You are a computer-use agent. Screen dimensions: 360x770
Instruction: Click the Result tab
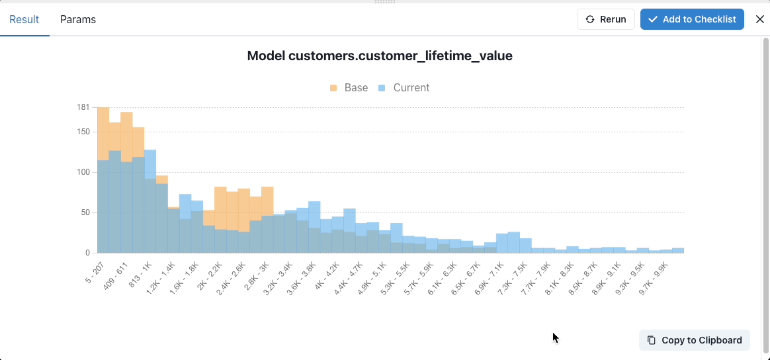pos(24,19)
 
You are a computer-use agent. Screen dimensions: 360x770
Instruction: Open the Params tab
pos(78,19)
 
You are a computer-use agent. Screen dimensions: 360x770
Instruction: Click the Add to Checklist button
pos(692,19)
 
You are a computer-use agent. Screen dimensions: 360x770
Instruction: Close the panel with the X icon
pos(759,19)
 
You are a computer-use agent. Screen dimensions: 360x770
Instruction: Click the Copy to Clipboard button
pos(695,340)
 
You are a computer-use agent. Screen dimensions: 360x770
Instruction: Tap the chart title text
pos(380,56)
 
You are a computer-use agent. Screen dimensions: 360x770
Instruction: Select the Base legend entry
pos(349,87)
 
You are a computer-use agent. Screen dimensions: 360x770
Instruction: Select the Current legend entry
pos(404,87)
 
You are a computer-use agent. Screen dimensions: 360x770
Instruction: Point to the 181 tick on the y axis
pos(83,107)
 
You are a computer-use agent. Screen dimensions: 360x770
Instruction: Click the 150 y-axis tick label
pos(83,132)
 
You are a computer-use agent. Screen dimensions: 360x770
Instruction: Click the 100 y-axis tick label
pos(83,172)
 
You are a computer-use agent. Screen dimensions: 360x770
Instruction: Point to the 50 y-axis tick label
pos(85,212)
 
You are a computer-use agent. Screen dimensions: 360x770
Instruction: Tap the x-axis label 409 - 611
pos(116,273)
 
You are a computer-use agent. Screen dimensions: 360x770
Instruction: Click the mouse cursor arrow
pos(555,337)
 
